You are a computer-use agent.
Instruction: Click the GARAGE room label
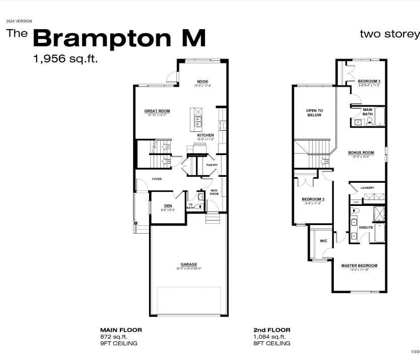click(189, 264)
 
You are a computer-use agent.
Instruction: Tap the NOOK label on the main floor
click(202, 82)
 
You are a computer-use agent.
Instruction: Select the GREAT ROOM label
click(157, 111)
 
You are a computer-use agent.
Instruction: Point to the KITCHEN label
click(205, 135)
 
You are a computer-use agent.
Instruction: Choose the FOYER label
click(157, 179)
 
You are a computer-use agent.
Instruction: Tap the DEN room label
click(168, 205)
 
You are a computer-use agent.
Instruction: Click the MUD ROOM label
click(214, 192)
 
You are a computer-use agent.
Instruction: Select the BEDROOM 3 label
click(369, 81)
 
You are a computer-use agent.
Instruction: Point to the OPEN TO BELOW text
click(315, 113)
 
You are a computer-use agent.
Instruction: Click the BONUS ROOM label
click(361, 153)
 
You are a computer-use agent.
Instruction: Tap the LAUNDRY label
click(367, 188)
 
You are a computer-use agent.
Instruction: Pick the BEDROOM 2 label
click(313, 199)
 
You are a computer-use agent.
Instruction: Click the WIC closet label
click(323, 241)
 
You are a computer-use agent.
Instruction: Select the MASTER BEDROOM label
click(359, 266)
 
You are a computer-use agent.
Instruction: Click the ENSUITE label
click(366, 227)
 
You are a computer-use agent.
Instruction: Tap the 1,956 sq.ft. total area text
click(65, 58)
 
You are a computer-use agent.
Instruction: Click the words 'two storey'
click(389, 34)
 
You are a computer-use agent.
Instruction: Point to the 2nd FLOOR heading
click(271, 330)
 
